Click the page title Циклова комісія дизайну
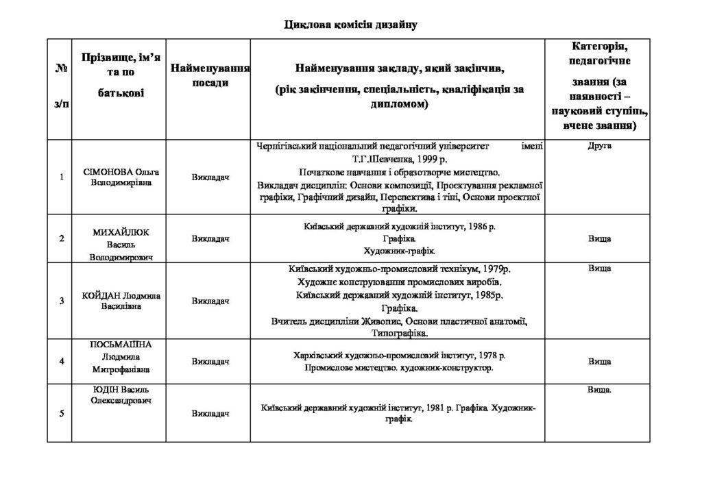click(x=350, y=25)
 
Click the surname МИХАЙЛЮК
click(x=121, y=232)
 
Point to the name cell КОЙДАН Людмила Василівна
click(x=121, y=301)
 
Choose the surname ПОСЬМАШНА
click(x=121, y=344)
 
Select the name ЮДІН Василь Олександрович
click(x=121, y=395)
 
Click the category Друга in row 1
click(x=600, y=146)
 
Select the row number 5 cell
click(x=62, y=413)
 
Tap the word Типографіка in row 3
click(x=399, y=334)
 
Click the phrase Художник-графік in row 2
click(x=399, y=251)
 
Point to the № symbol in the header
click(x=62, y=69)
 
